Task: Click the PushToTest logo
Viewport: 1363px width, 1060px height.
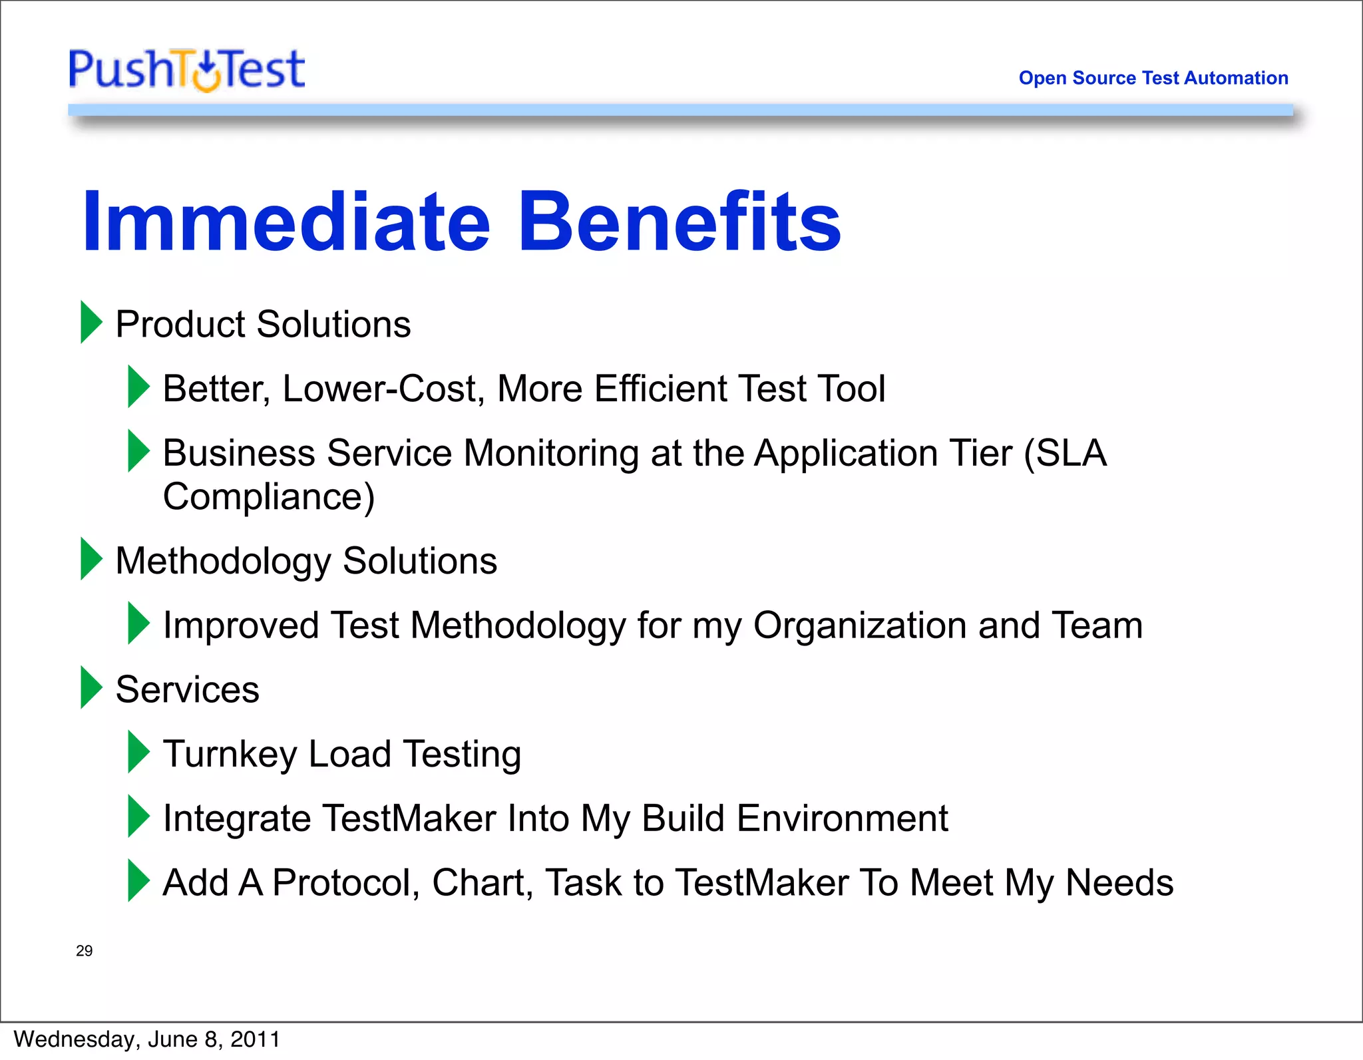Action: pos(186,69)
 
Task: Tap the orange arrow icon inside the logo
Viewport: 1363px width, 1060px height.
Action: pos(207,73)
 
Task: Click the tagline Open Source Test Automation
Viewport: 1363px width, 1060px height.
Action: pos(1153,78)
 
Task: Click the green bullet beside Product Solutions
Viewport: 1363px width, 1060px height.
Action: pos(91,322)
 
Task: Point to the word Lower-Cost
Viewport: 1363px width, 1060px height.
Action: pos(383,389)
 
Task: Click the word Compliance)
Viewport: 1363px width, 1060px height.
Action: pos(269,497)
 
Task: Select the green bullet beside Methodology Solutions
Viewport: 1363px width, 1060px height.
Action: pos(91,559)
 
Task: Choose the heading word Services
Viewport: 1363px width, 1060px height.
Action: pos(187,689)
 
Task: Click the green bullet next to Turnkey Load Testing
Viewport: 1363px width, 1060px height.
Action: pos(138,752)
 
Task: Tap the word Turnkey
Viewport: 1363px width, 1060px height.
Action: pos(230,755)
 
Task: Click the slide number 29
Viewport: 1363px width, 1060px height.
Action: pos(84,951)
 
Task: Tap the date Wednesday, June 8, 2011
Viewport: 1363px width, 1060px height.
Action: pos(146,1039)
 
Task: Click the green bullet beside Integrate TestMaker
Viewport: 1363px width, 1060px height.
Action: pos(138,816)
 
